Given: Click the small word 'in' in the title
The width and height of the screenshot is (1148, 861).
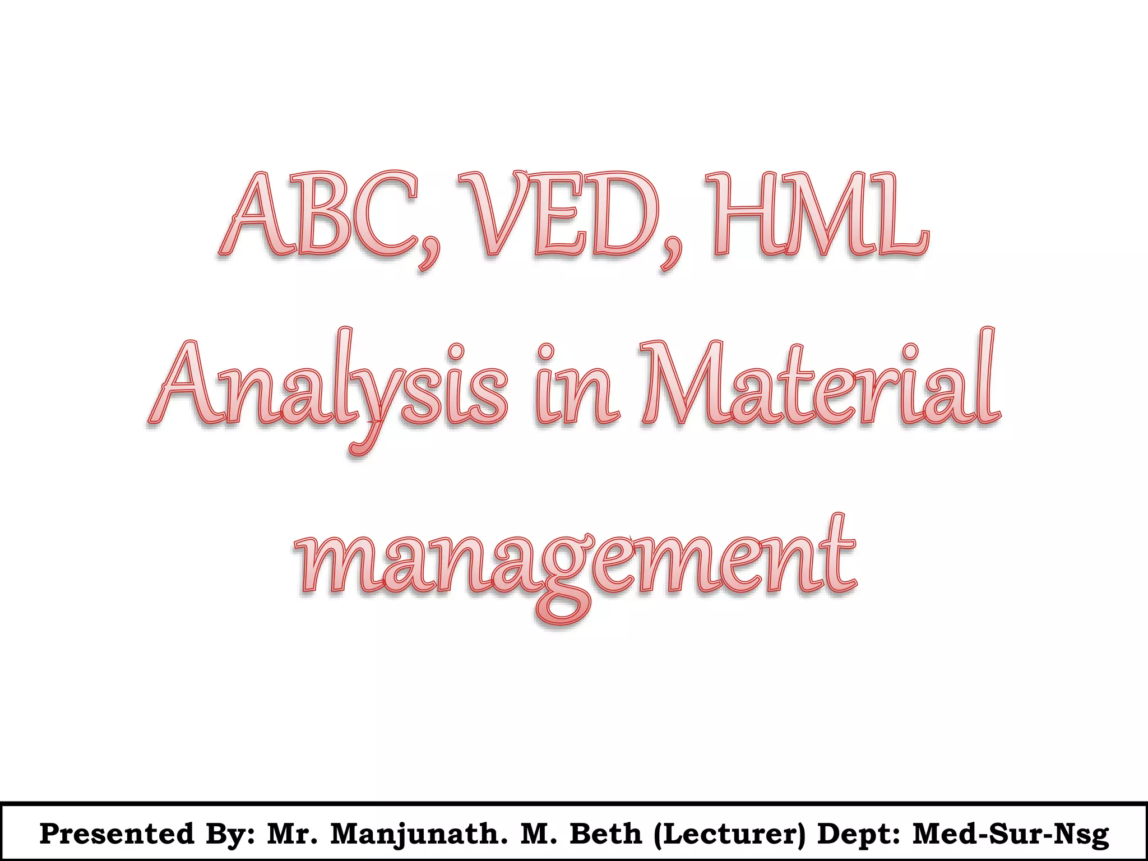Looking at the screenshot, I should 577,387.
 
